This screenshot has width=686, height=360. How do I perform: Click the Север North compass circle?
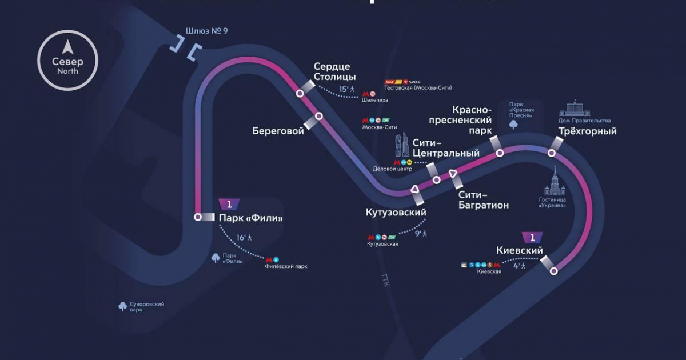coord(67,61)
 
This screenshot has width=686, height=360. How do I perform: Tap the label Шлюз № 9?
coord(207,31)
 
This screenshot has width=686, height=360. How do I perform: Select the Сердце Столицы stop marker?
coord(300,93)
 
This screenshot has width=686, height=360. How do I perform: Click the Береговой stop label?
coord(278,131)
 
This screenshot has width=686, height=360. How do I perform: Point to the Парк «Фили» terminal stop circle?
coord(198,217)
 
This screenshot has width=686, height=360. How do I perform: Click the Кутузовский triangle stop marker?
coord(415,190)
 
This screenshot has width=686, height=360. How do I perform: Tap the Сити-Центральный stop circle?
coord(437,180)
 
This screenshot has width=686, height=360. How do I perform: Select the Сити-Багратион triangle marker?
coord(453,174)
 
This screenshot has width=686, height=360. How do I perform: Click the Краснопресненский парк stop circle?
coord(500,153)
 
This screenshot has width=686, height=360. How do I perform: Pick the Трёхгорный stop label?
coord(588,131)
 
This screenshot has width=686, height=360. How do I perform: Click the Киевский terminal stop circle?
coord(553,271)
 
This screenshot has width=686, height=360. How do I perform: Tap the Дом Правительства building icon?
coord(576,109)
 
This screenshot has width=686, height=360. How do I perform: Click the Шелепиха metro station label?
coord(375,100)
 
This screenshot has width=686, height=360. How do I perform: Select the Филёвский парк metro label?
coord(286,266)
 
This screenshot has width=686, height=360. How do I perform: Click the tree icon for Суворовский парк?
coord(122,307)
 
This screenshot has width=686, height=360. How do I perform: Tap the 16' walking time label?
coord(241,237)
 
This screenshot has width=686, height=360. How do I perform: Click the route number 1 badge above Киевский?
coord(532,237)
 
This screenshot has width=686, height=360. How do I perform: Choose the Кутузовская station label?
coord(382,244)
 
